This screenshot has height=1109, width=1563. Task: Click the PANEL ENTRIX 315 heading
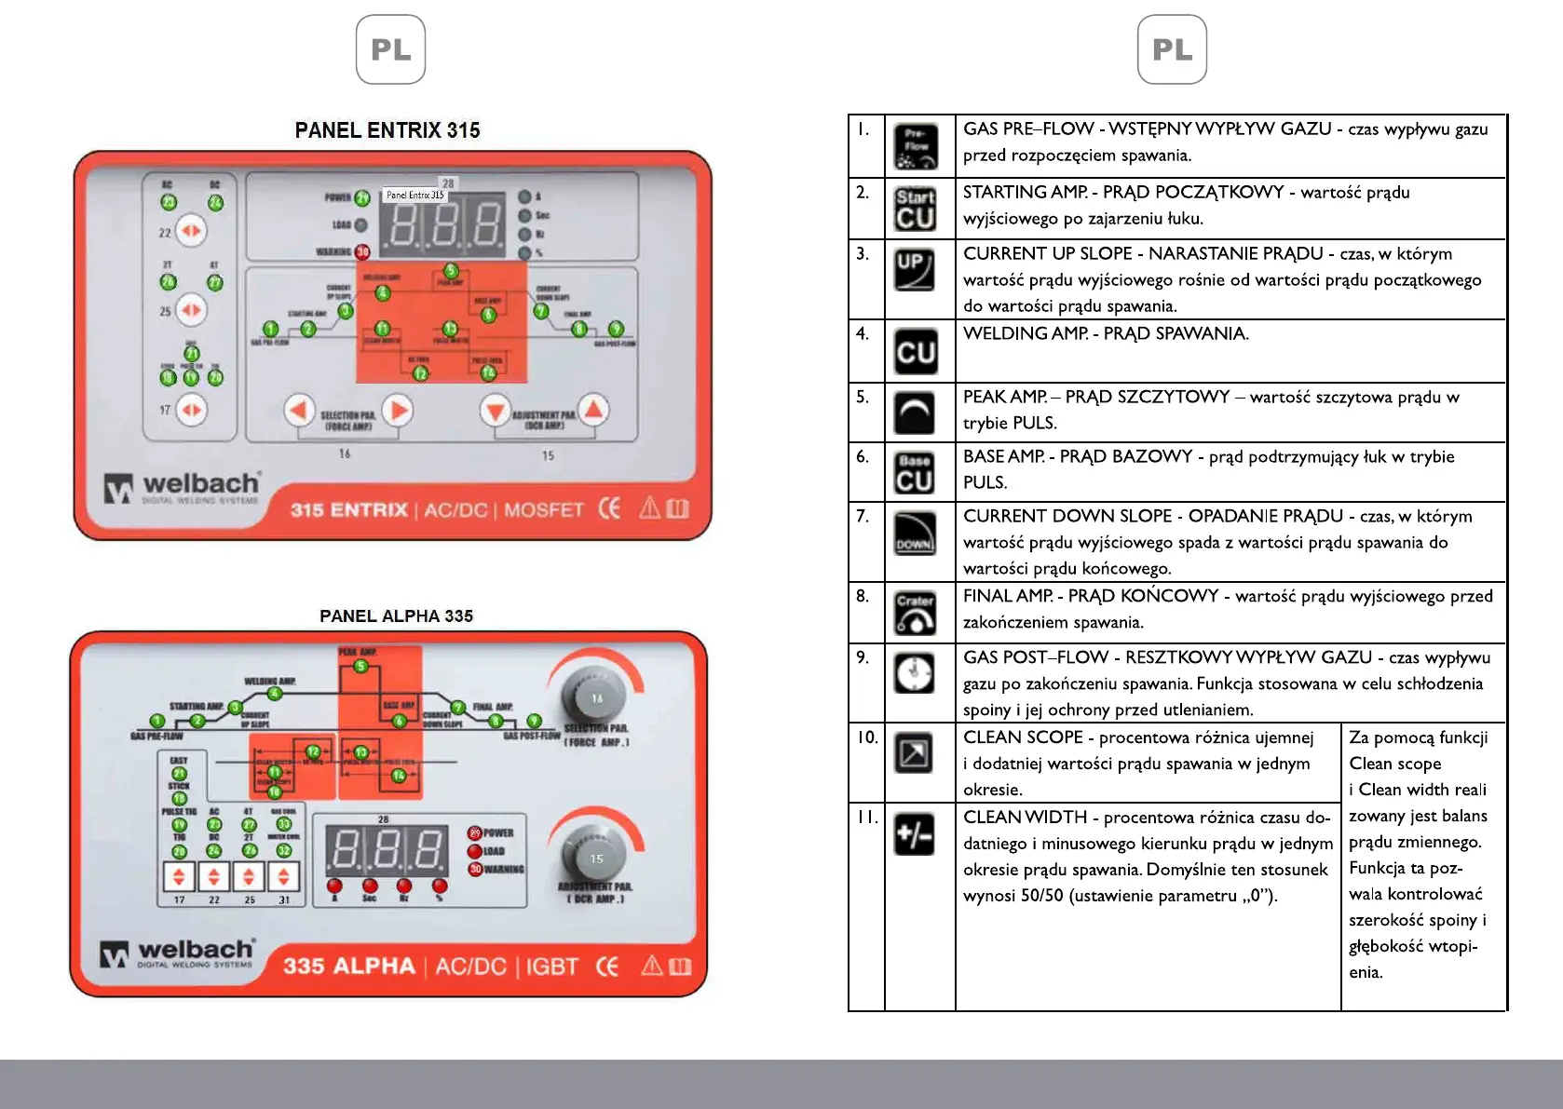(x=387, y=130)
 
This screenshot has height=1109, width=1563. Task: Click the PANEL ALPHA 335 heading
(x=396, y=615)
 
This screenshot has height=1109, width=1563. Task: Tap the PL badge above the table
(x=1172, y=49)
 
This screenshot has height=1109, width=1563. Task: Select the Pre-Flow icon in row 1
(x=916, y=146)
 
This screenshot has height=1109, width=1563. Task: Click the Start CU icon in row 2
(x=915, y=209)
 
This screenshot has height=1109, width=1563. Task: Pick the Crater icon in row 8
(x=915, y=613)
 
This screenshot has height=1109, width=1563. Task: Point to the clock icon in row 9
(x=915, y=673)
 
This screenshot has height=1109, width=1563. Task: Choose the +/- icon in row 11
(x=914, y=833)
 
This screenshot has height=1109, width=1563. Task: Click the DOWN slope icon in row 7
(x=915, y=534)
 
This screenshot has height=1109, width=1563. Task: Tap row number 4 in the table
(x=863, y=333)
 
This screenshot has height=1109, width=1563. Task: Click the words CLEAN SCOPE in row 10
(x=1023, y=737)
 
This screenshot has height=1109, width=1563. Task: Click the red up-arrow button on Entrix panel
(x=593, y=410)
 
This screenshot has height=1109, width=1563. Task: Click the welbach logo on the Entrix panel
(x=183, y=487)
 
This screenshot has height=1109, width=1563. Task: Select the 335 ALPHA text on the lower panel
(x=349, y=966)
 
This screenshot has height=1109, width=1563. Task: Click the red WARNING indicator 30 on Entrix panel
(x=362, y=251)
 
